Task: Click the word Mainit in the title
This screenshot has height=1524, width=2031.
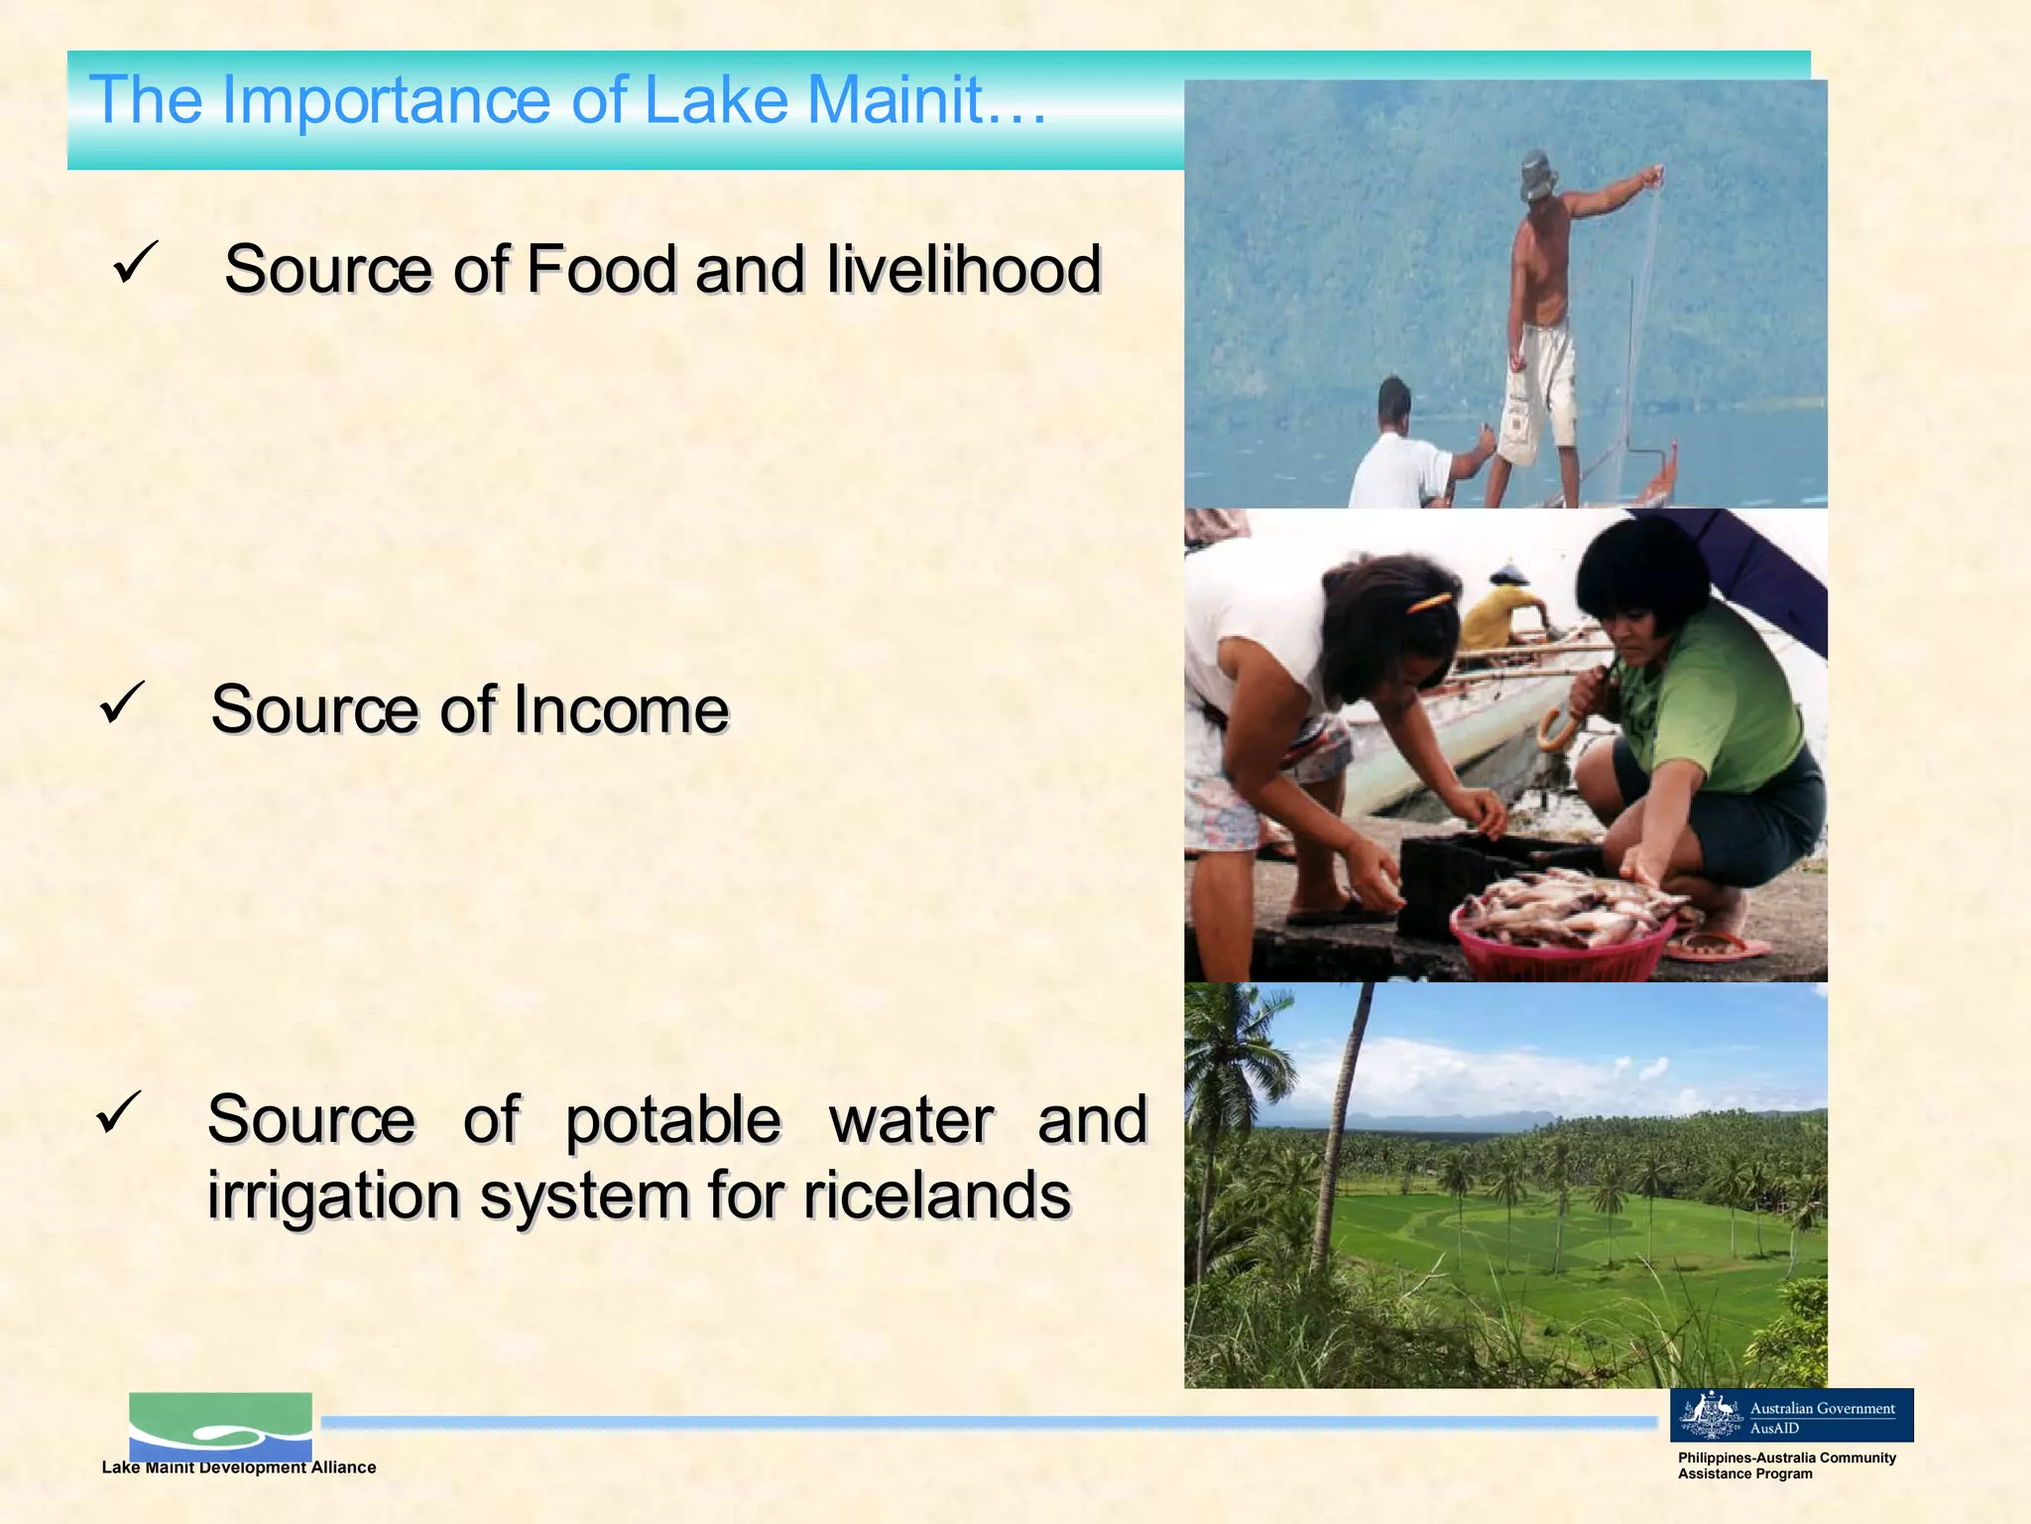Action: click(897, 100)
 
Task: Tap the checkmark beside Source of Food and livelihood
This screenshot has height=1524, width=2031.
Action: click(135, 263)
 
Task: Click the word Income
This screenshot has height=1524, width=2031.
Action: click(621, 710)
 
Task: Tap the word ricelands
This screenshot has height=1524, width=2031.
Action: click(937, 1196)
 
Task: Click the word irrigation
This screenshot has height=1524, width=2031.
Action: click(333, 1196)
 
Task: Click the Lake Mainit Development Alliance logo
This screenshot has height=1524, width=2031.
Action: click(220, 1427)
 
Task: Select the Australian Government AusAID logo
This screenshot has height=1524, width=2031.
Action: click(1791, 1416)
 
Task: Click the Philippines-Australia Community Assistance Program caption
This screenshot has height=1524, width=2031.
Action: click(1786, 1465)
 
